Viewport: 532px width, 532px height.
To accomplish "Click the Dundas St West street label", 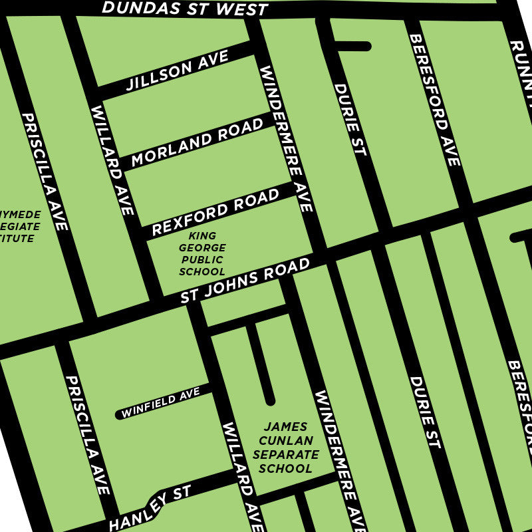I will click(185, 9).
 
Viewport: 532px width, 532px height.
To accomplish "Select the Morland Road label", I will click(198, 142).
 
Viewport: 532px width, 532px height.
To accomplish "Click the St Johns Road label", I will click(245, 281).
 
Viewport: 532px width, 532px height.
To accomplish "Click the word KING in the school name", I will click(202, 236).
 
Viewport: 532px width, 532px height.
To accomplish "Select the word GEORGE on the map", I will click(202, 248).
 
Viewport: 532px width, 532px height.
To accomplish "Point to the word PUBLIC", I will click(202, 260).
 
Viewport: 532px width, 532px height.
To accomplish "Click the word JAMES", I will click(285, 427).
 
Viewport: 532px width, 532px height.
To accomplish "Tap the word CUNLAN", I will click(285, 441).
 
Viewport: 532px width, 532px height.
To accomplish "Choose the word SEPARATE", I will click(285, 455).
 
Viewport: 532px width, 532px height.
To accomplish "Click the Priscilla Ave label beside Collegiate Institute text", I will click(45, 172).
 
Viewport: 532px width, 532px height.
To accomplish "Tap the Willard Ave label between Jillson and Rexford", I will click(113, 160).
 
